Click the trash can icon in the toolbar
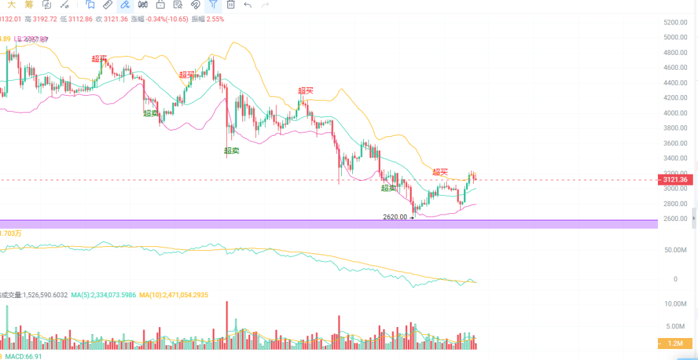(x=230, y=5)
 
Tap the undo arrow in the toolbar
(x=248, y=5)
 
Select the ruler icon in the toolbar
(x=107, y=5)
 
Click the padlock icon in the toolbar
(x=160, y=5)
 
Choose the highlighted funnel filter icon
(x=212, y=5)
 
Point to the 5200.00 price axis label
(x=675, y=22)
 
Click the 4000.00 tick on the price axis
(x=675, y=113)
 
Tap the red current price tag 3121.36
(x=675, y=179)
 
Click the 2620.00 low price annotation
(x=395, y=217)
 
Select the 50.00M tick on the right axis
(x=676, y=249)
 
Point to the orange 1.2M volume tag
(x=675, y=343)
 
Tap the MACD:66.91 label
(x=23, y=356)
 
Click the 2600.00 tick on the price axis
(x=675, y=219)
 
